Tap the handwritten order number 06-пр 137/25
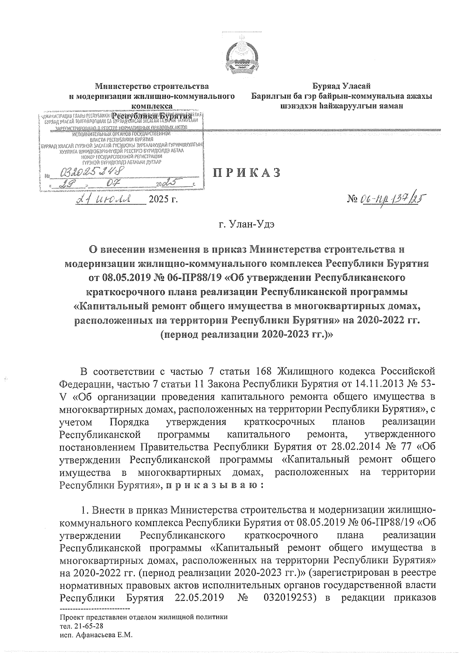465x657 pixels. (x=391, y=200)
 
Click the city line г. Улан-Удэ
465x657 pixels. (x=246, y=224)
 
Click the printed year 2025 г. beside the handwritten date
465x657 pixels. (x=163, y=200)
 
